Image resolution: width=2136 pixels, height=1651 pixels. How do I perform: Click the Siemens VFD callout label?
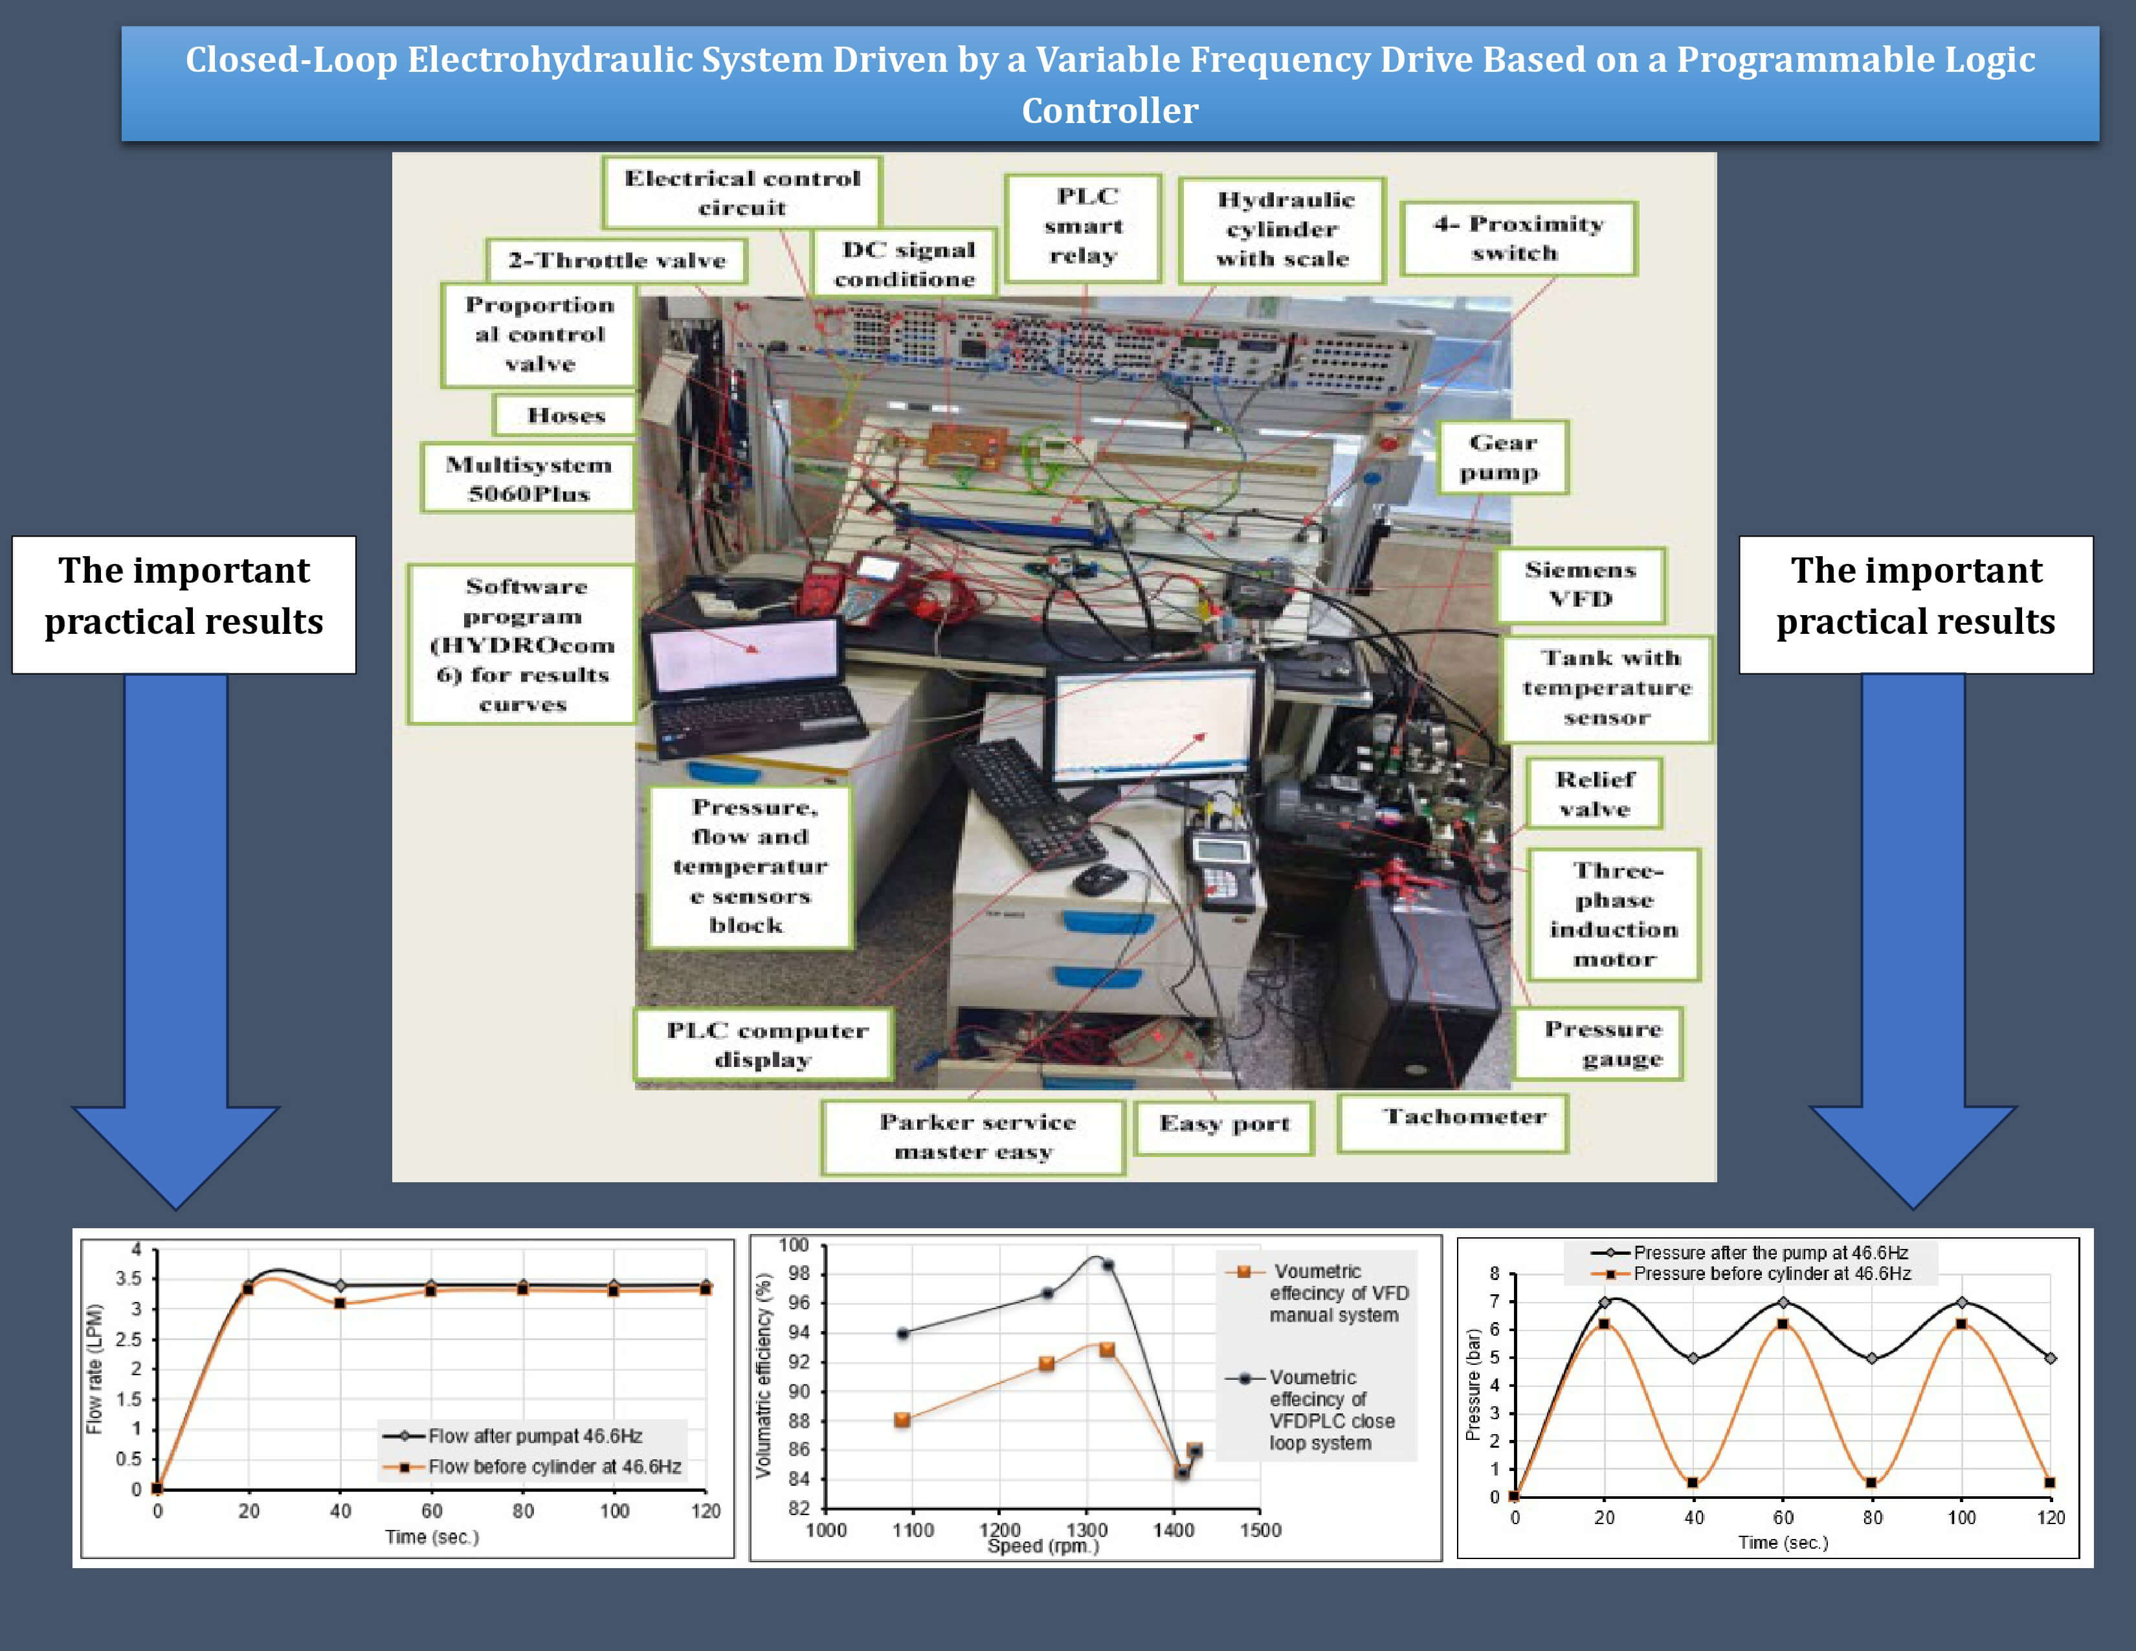(1579, 585)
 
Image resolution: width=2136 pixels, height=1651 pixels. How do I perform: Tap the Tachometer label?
(1464, 1118)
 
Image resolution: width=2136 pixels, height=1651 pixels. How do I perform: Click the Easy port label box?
(1223, 1125)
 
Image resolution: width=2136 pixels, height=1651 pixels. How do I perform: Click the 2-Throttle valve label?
(616, 260)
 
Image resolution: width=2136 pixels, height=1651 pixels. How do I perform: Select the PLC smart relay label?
(1084, 227)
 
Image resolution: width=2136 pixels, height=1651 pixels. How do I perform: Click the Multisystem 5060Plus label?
(528, 478)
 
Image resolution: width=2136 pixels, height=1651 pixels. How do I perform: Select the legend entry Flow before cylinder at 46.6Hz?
(553, 1466)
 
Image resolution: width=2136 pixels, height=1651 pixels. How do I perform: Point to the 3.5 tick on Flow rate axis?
(129, 1278)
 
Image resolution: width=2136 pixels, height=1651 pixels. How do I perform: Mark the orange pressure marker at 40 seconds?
(1693, 1483)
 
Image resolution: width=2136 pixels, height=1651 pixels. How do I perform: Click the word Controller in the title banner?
(1109, 111)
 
